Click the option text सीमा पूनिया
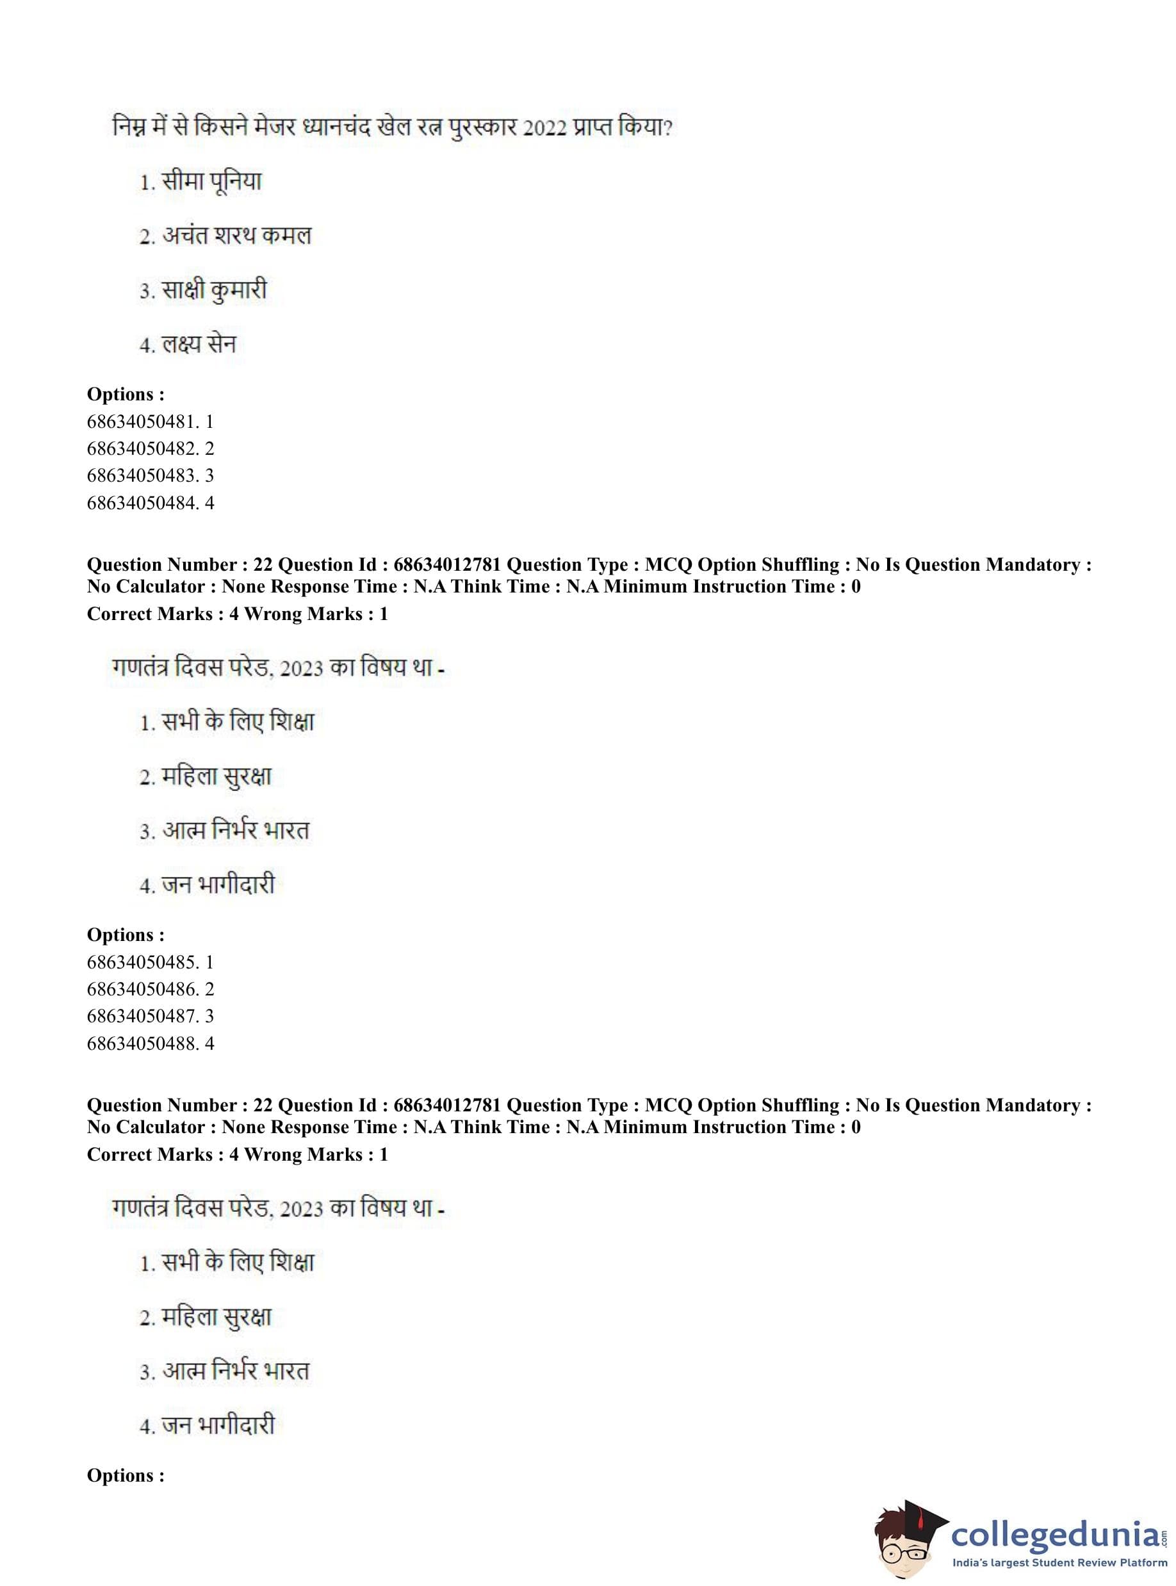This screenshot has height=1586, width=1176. [211, 182]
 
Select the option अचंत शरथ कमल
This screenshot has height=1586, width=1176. [236, 236]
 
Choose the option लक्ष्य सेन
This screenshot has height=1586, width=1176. [199, 345]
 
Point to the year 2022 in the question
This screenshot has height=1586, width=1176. [544, 129]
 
